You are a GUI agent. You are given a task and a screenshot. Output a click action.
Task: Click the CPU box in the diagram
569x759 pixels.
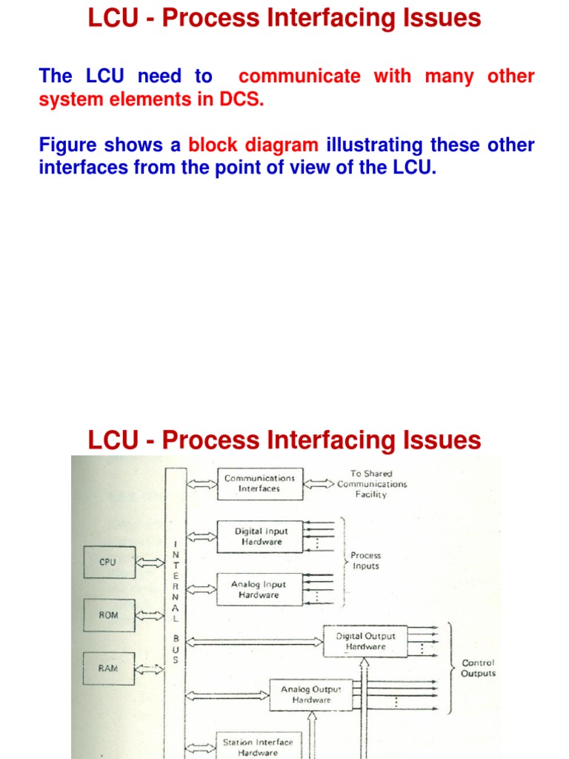(x=109, y=563)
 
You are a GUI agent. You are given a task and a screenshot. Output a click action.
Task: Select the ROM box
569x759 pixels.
(x=109, y=615)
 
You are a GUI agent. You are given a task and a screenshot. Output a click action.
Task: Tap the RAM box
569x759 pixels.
(x=109, y=668)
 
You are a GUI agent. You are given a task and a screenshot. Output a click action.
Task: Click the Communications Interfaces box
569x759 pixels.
(x=259, y=483)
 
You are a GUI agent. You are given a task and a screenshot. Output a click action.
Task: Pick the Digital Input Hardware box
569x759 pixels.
(x=259, y=537)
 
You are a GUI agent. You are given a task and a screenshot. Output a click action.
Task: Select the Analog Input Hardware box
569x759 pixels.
(x=259, y=589)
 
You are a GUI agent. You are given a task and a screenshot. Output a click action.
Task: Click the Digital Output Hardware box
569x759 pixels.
(x=365, y=641)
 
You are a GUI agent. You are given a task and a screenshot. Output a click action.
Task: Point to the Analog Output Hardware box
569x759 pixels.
(x=311, y=695)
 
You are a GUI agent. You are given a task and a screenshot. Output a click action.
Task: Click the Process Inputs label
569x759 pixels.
(x=365, y=560)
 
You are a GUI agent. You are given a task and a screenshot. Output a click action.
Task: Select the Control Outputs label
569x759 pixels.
(x=478, y=668)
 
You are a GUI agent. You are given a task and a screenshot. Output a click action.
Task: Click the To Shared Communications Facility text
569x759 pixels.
(x=372, y=484)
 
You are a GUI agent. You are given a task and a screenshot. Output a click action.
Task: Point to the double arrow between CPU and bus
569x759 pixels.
(x=151, y=563)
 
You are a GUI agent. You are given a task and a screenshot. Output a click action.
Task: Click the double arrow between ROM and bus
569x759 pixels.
(x=151, y=615)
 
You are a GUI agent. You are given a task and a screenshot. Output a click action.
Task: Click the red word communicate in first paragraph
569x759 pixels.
(x=300, y=76)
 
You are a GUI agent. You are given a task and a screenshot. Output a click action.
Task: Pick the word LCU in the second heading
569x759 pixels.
(x=112, y=440)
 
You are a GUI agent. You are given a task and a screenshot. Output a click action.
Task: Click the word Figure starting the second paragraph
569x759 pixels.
(x=67, y=145)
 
